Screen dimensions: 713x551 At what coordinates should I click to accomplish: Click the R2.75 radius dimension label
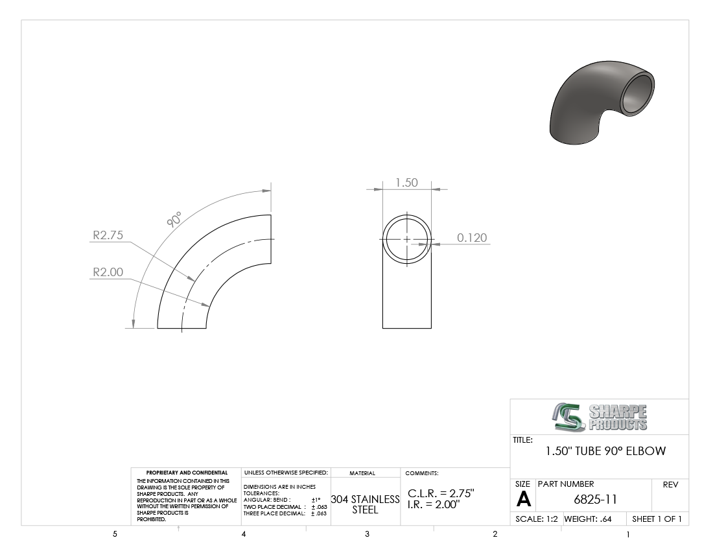click(x=108, y=235)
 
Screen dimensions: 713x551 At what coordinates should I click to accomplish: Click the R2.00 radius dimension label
click(x=108, y=272)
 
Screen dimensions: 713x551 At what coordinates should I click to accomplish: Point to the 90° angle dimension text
click(x=174, y=219)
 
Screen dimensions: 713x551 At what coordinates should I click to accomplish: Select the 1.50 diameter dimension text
click(x=406, y=182)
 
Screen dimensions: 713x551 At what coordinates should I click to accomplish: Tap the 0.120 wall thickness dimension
click(x=472, y=237)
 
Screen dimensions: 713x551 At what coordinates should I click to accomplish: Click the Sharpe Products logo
click(x=600, y=417)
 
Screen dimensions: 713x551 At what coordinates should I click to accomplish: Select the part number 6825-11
click(x=595, y=500)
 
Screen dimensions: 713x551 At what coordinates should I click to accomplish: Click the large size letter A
click(x=523, y=500)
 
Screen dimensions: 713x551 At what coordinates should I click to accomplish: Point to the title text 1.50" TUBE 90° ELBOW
click(x=605, y=451)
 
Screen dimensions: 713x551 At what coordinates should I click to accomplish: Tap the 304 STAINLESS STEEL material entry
click(x=365, y=504)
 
